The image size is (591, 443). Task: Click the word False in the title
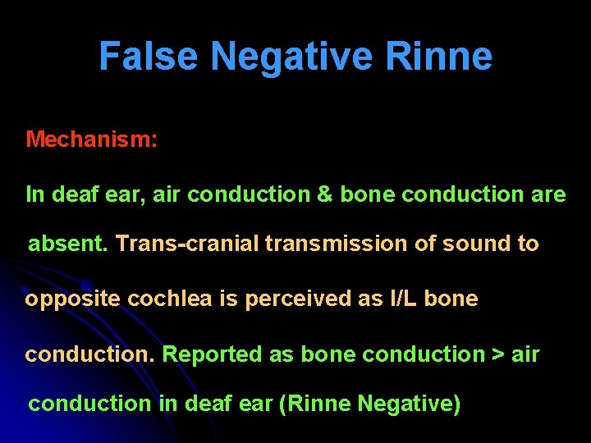[x=149, y=57]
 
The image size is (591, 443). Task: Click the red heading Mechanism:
[x=91, y=139]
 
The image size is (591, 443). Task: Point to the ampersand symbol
[x=324, y=194]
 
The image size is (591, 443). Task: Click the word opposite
[x=73, y=299]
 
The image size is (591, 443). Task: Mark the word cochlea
[x=171, y=299]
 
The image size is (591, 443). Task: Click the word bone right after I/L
[x=452, y=299]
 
